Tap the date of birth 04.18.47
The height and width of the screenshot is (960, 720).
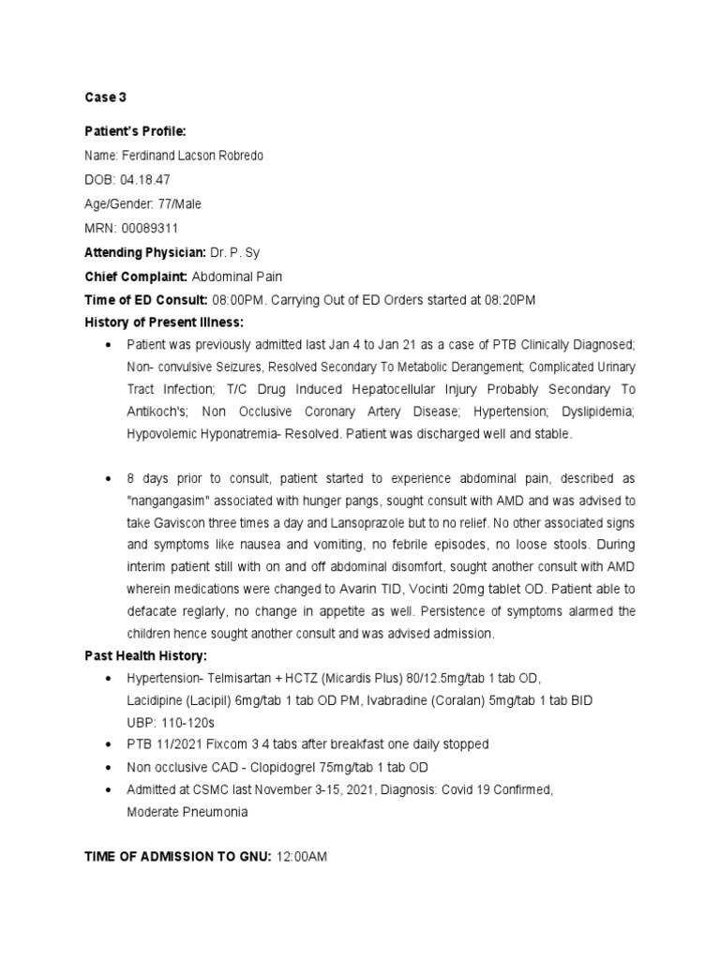tap(147, 179)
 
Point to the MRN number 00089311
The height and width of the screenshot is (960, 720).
tap(148, 228)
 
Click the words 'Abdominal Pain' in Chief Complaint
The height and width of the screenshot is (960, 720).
tap(237, 277)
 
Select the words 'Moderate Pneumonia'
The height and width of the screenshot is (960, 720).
tap(187, 812)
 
